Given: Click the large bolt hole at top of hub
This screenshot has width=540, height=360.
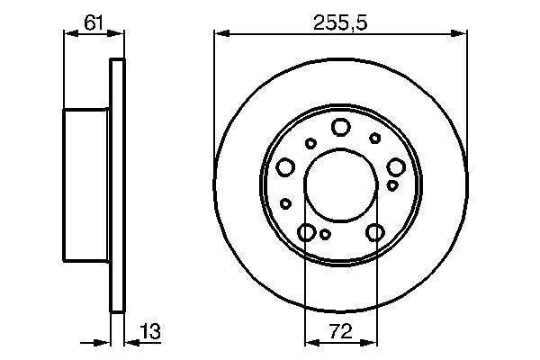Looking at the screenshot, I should tap(340, 127).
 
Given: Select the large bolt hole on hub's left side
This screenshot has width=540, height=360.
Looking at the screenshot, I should tap(286, 166).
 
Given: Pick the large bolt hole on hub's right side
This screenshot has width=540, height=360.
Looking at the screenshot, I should tap(396, 166).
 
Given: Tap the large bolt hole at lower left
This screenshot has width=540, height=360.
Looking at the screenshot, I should tap(307, 233).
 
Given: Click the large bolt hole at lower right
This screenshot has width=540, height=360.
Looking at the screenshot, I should tap(375, 233).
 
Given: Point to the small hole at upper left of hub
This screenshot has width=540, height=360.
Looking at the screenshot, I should tap(310, 142).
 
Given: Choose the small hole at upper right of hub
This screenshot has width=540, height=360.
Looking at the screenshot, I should tap(374, 138).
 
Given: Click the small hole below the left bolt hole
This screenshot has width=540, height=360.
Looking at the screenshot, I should tap(285, 202).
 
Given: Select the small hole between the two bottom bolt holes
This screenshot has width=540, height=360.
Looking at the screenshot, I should tap(325, 234).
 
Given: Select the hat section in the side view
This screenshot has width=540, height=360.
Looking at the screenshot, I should tap(87, 184).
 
